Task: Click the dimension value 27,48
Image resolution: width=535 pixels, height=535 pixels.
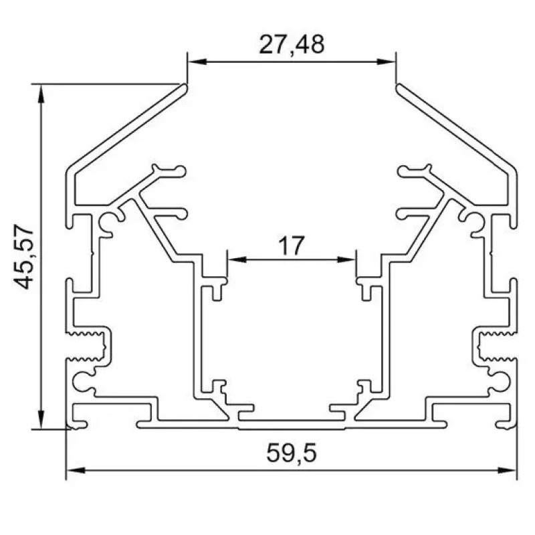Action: click(291, 44)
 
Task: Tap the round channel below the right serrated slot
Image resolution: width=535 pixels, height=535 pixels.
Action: click(500, 382)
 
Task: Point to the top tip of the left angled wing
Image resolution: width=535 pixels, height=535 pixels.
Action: click(184, 86)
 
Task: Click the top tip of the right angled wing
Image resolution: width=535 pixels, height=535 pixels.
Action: click(399, 86)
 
